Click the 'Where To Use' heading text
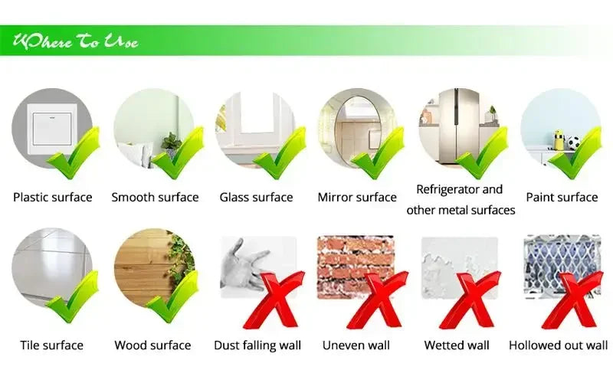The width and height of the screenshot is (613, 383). (75, 41)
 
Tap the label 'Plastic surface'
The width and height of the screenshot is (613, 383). (52, 197)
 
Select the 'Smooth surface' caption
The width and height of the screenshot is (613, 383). (155, 197)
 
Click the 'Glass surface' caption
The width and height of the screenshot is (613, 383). (256, 197)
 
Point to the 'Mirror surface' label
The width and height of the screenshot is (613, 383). (357, 197)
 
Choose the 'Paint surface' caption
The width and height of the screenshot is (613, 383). (561, 197)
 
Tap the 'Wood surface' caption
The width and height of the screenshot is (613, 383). (152, 345)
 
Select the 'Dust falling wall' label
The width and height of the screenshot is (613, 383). (257, 345)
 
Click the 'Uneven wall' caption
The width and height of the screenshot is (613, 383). (356, 345)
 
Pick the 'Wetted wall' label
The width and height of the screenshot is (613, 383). (457, 345)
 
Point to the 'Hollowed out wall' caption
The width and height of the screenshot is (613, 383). (559, 345)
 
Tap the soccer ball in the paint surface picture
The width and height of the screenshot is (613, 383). (574, 142)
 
